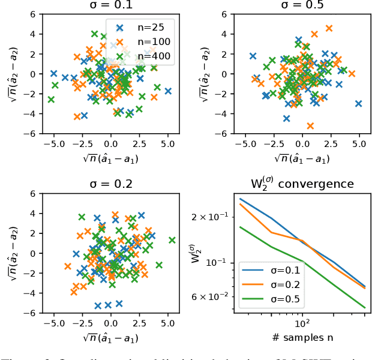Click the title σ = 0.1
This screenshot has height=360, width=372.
(x=110, y=5)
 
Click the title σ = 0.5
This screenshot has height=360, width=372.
(x=302, y=5)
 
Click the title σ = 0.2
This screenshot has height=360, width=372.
(x=110, y=184)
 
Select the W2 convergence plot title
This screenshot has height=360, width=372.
(x=302, y=184)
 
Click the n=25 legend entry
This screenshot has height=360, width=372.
(x=145, y=27)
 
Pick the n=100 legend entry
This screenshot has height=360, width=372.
(x=145, y=42)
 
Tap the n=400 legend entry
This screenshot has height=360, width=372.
(x=145, y=57)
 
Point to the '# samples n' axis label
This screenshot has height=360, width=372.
(x=302, y=338)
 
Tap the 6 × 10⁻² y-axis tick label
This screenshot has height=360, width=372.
(x=209, y=296)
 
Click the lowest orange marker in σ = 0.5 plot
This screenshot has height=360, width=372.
(x=310, y=126)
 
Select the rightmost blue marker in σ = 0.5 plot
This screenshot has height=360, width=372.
(x=358, y=104)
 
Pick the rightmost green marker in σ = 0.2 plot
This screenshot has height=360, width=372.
(x=172, y=240)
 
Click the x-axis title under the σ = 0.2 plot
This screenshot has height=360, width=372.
(x=110, y=338)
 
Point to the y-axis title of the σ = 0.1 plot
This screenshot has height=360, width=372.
(x=13, y=74)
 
